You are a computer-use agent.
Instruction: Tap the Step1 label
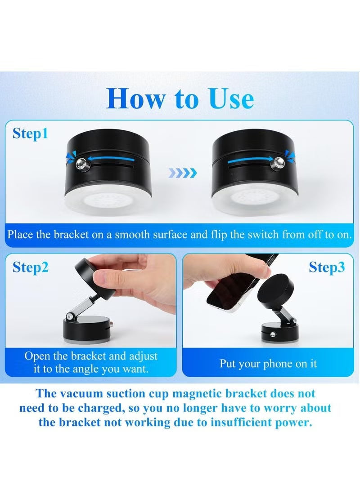tap(30, 134)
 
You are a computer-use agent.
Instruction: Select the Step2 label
tap(30, 267)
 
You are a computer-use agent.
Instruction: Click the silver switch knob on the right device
tap(277, 161)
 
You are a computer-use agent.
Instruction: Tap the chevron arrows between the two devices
tap(182, 172)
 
